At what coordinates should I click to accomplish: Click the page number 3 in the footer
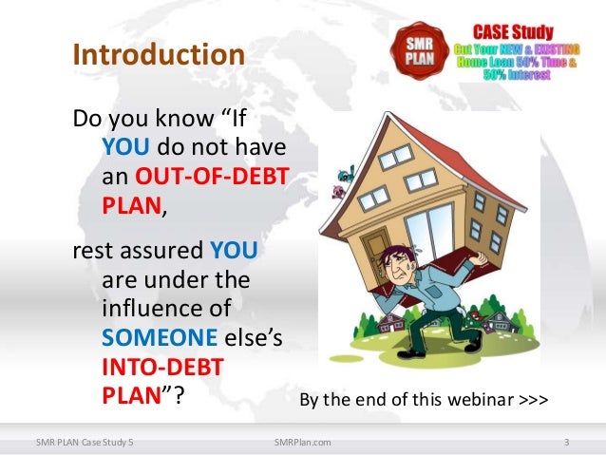pos(566,442)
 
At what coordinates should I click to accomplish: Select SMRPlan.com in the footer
pos(302,442)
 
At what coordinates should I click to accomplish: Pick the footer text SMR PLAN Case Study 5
pos(85,442)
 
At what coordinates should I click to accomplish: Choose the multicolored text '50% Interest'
pos(519,75)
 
